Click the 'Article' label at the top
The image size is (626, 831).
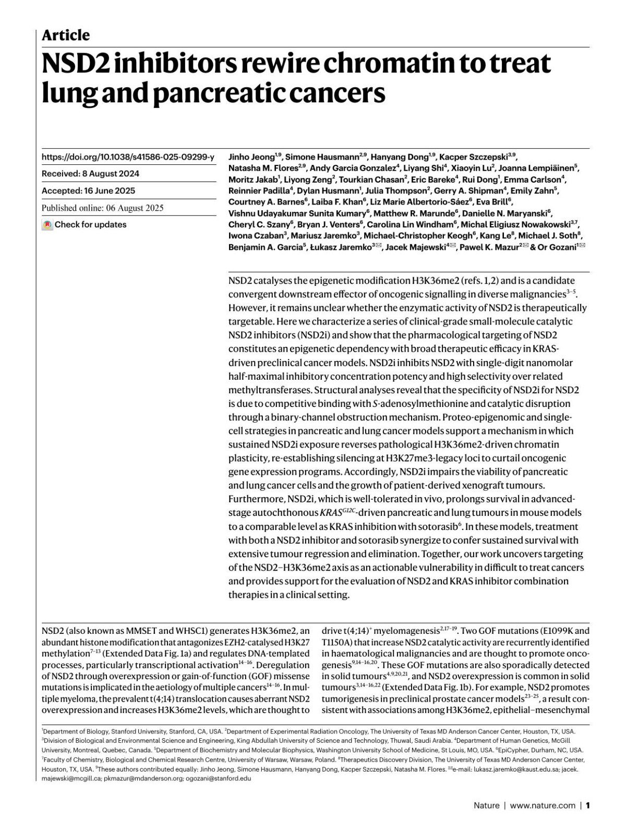click(65, 35)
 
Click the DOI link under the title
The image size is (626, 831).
click(128, 156)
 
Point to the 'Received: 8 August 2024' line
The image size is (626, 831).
click(90, 174)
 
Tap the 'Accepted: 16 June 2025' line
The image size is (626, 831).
click(88, 191)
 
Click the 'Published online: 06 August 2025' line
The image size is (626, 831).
click(102, 208)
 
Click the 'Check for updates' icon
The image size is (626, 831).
click(47, 225)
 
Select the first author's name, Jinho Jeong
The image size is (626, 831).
click(251, 156)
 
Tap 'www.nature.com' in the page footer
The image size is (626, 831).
click(543, 805)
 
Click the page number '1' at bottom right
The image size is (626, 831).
click(588, 805)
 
